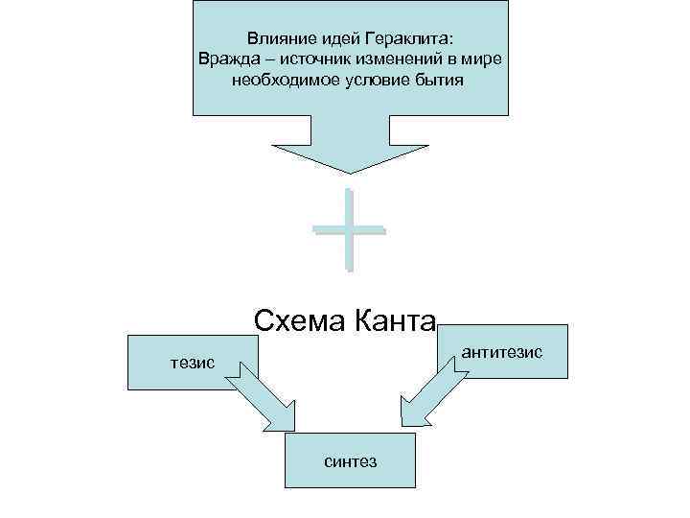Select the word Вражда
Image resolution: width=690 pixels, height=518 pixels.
[227, 59]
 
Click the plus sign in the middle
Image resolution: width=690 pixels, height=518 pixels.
[348, 229]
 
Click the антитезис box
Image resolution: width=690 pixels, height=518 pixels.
[501, 352]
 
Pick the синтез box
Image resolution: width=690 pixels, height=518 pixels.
[350, 461]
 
